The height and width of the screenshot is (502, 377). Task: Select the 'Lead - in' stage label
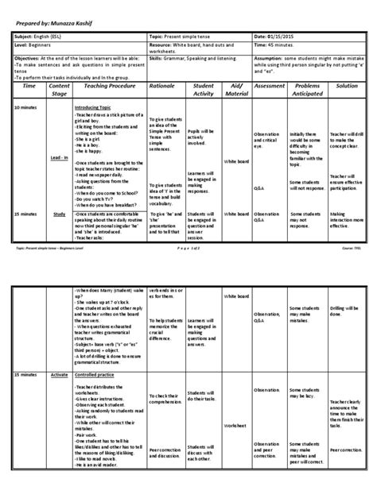click(58, 180)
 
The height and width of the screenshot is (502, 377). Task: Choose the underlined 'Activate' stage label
click(58, 373)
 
